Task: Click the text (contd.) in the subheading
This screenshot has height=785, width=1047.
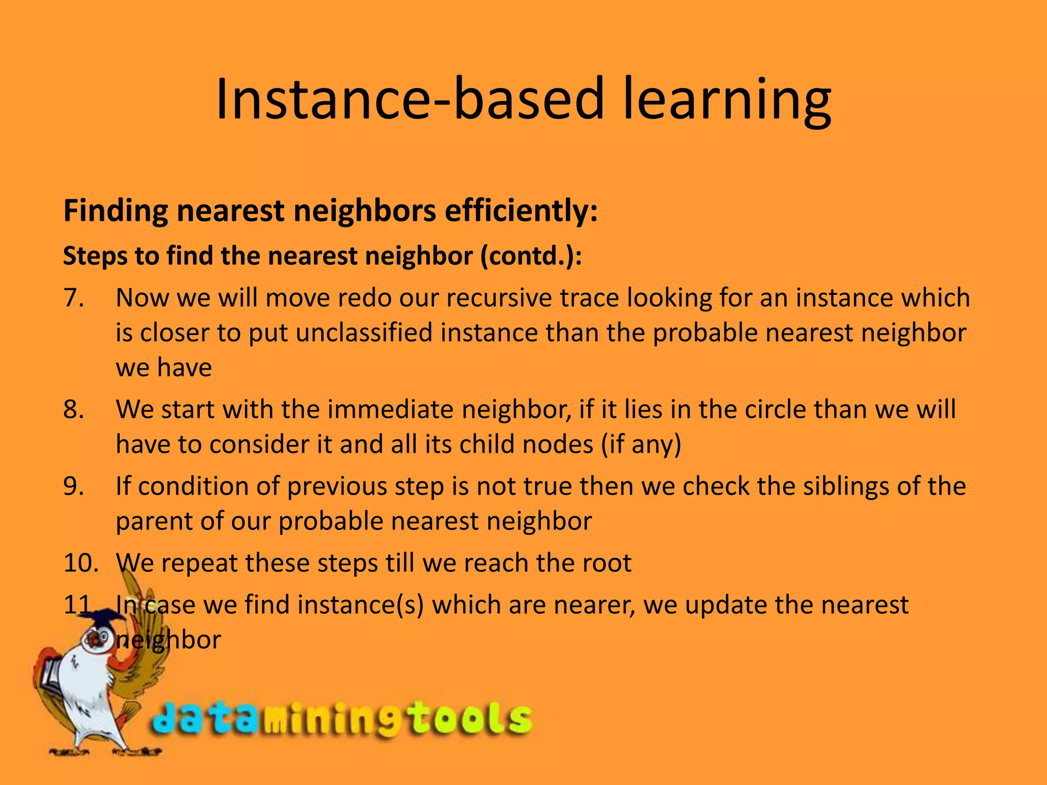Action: point(531,256)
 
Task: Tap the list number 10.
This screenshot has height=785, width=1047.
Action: point(81,563)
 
